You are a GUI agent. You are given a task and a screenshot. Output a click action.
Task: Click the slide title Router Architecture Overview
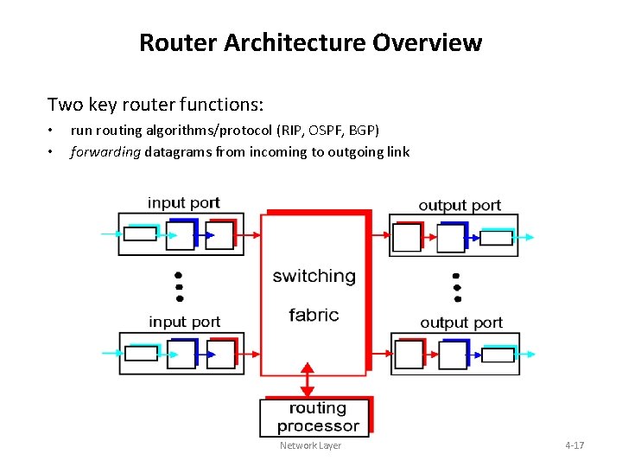(x=310, y=42)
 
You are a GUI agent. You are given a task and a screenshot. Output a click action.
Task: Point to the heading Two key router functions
(x=155, y=105)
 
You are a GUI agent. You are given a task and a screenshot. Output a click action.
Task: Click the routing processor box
(x=316, y=417)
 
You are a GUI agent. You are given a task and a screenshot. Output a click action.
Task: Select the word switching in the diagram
(x=314, y=277)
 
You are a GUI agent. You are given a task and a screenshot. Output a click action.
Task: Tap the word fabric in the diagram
(x=314, y=315)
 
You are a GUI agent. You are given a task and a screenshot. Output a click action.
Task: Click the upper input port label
(x=183, y=203)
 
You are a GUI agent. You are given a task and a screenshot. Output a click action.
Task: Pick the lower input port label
(x=184, y=322)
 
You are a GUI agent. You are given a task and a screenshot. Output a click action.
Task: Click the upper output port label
(x=460, y=205)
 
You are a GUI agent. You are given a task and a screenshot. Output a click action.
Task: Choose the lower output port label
(x=460, y=323)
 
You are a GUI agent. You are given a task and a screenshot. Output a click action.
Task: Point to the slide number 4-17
(x=574, y=445)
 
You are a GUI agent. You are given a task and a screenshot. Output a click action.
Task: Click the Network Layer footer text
(x=310, y=445)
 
